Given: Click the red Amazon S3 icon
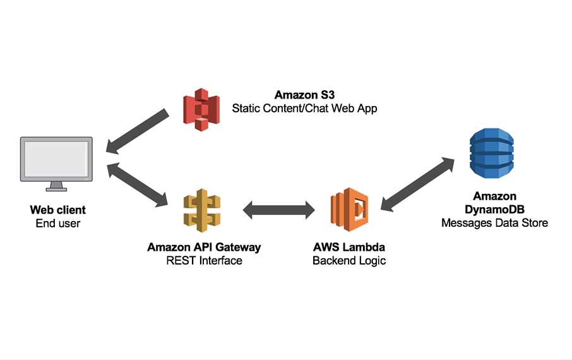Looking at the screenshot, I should (201, 109).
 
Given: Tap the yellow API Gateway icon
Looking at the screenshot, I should (201, 209).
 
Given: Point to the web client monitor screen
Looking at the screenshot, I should (56, 159).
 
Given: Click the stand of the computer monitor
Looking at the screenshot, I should (56, 186).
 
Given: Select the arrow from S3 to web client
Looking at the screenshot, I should (138, 131).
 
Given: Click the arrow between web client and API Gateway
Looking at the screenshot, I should (138, 185).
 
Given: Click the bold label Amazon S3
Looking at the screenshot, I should (304, 95).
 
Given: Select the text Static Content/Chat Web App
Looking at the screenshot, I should (304, 109).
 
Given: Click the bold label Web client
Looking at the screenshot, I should (57, 210).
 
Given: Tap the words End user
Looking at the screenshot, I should (57, 223).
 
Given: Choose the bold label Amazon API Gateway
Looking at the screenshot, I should (204, 247).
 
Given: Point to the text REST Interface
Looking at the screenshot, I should (204, 260).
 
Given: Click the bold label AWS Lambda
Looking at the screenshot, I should (349, 247).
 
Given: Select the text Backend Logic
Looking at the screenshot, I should (349, 260).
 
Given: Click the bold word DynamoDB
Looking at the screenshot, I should (494, 210).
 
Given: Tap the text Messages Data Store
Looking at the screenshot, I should (494, 223).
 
